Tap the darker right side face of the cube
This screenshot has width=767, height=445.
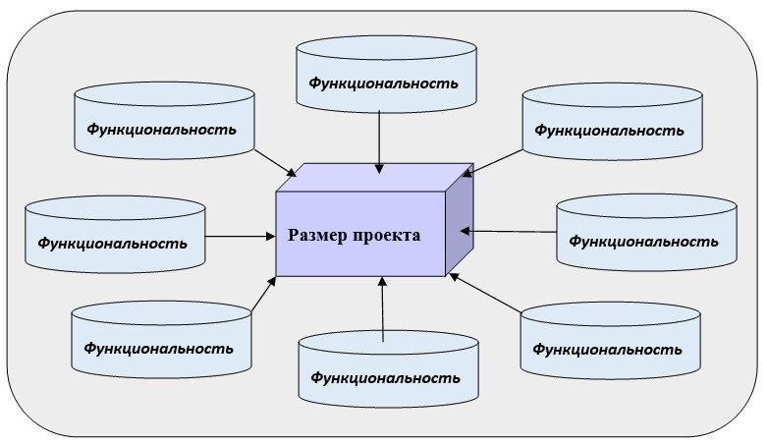[x=460, y=222]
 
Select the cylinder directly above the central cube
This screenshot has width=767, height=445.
[x=386, y=74]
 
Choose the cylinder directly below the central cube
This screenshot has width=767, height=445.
[x=389, y=367]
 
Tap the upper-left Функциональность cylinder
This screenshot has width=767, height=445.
[x=164, y=122]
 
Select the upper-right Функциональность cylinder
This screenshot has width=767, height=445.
[x=611, y=122]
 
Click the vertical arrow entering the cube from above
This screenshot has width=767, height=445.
[x=379, y=141]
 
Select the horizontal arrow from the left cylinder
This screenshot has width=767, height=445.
[x=241, y=236]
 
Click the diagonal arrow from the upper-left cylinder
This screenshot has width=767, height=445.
[x=275, y=163]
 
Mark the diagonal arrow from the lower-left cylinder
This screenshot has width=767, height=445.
[x=263, y=295]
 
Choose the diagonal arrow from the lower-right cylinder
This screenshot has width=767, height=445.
[x=487, y=294]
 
